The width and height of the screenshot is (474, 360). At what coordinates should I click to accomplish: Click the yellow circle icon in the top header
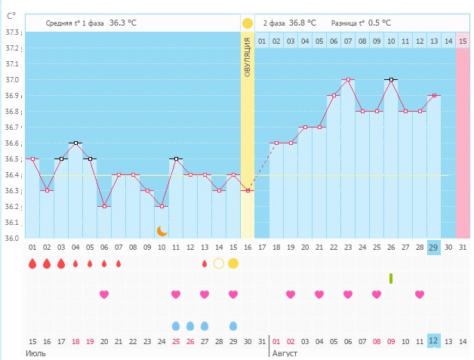[x=247, y=23]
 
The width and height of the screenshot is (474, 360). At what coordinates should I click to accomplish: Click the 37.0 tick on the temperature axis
[x=13, y=80]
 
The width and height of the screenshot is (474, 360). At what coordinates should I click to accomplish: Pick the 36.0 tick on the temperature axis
[x=13, y=238]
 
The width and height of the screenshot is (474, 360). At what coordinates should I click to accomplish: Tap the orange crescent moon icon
[x=162, y=230]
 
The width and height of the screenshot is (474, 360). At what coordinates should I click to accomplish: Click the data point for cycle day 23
[x=348, y=79]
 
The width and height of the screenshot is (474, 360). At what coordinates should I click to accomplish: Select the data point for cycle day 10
[x=162, y=206]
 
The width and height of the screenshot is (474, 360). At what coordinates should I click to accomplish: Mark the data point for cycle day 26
[x=391, y=79]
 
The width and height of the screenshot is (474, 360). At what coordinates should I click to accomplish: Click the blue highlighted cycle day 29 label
[x=433, y=248]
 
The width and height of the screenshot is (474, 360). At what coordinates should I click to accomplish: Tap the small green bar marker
[x=391, y=278]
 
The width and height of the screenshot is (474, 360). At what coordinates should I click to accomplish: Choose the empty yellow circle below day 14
[x=219, y=263]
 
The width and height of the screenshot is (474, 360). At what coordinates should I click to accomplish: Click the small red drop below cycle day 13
[x=205, y=263]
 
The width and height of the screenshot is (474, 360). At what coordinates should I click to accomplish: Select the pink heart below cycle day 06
[x=104, y=294]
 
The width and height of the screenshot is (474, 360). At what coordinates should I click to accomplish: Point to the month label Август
[x=286, y=352]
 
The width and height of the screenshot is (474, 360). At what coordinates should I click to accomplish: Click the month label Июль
[x=35, y=352]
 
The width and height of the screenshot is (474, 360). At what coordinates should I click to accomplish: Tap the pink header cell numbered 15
[x=462, y=41]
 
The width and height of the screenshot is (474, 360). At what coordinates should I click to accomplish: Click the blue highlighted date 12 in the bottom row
[x=433, y=341]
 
